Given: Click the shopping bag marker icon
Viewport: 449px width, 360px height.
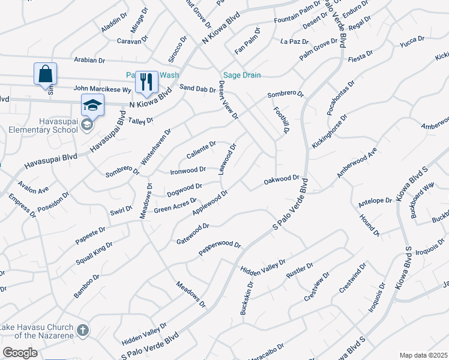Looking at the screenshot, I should (x=45, y=74).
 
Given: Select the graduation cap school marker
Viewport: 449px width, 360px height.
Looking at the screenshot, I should (x=92, y=106).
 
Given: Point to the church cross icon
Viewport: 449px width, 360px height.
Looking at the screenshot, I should (x=83, y=329).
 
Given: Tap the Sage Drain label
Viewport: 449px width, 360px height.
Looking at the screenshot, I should (x=242, y=75).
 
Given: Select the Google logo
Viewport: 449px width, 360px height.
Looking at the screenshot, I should (x=20, y=352).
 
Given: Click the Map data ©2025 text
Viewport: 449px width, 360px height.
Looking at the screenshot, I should (x=423, y=355).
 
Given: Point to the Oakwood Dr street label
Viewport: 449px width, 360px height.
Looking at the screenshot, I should (x=281, y=179).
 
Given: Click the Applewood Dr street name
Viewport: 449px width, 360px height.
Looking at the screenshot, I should (x=210, y=202).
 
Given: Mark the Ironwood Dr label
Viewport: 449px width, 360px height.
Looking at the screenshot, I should (x=188, y=170).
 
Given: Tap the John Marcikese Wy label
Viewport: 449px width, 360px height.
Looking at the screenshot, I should (x=103, y=89).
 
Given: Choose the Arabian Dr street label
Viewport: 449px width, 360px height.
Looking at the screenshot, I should (x=89, y=60).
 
